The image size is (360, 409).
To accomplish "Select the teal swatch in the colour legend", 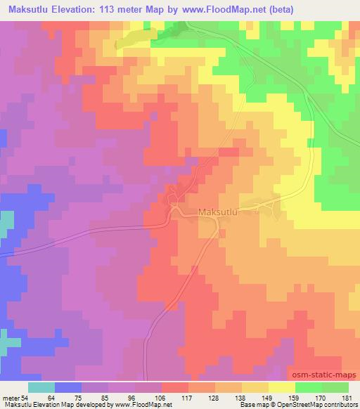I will [41, 387].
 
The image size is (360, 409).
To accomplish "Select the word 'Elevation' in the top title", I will [75, 9].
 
